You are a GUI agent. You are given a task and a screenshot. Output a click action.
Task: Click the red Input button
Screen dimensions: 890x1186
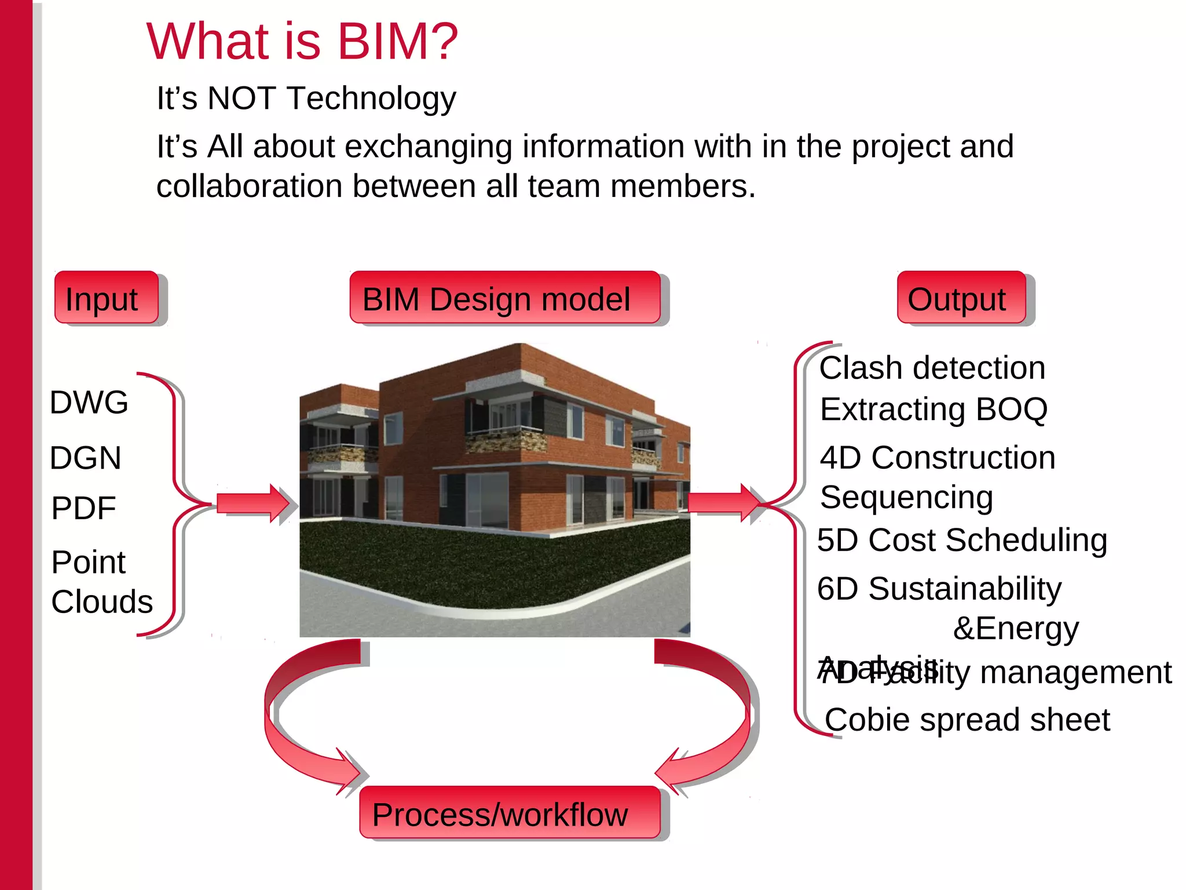(107, 298)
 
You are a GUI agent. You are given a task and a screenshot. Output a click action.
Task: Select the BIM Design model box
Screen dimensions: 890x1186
(504, 298)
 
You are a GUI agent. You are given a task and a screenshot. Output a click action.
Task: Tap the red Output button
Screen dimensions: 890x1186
(961, 298)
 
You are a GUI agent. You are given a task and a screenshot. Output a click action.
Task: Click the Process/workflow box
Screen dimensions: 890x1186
(509, 813)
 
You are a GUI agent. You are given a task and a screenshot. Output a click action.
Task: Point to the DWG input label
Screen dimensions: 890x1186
(89, 402)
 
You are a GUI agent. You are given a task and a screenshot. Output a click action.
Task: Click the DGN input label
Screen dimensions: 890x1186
(85, 458)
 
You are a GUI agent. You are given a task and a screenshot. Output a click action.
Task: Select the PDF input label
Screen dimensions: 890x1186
(83, 508)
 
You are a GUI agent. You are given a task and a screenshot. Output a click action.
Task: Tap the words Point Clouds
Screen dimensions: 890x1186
(101, 582)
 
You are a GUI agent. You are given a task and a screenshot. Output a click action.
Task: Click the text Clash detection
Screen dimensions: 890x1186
(932, 368)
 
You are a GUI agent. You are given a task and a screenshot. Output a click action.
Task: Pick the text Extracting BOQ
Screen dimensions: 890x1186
(934, 409)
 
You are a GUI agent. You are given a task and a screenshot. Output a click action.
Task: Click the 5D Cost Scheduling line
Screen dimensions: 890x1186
(961, 540)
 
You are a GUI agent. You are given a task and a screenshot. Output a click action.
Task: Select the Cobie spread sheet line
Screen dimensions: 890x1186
(967, 720)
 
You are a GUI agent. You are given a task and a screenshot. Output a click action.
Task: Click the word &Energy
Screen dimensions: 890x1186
(1016, 628)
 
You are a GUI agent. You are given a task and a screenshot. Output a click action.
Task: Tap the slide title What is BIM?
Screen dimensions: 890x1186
(302, 42)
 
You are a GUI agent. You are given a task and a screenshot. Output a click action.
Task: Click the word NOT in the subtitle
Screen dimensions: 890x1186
(241, 98)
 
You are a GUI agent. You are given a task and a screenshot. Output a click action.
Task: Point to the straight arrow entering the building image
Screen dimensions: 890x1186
(252, 503)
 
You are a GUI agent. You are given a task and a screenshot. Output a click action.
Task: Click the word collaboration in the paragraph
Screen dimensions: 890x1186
(249, 187)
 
